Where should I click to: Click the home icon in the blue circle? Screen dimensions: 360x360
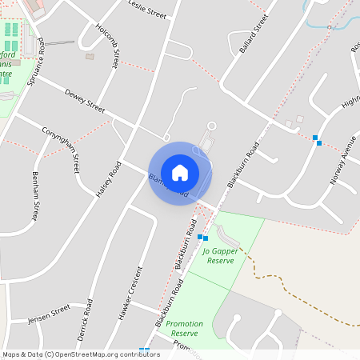180,173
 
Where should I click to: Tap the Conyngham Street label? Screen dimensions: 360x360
62,142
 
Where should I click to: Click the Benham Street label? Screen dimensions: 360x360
34,195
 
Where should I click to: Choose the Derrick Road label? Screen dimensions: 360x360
85,318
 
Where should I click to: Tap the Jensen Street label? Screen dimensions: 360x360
49,316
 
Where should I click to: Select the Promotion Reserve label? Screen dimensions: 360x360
185,328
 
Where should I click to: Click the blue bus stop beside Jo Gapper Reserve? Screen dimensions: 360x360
202,238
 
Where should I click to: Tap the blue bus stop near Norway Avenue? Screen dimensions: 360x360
318,140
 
